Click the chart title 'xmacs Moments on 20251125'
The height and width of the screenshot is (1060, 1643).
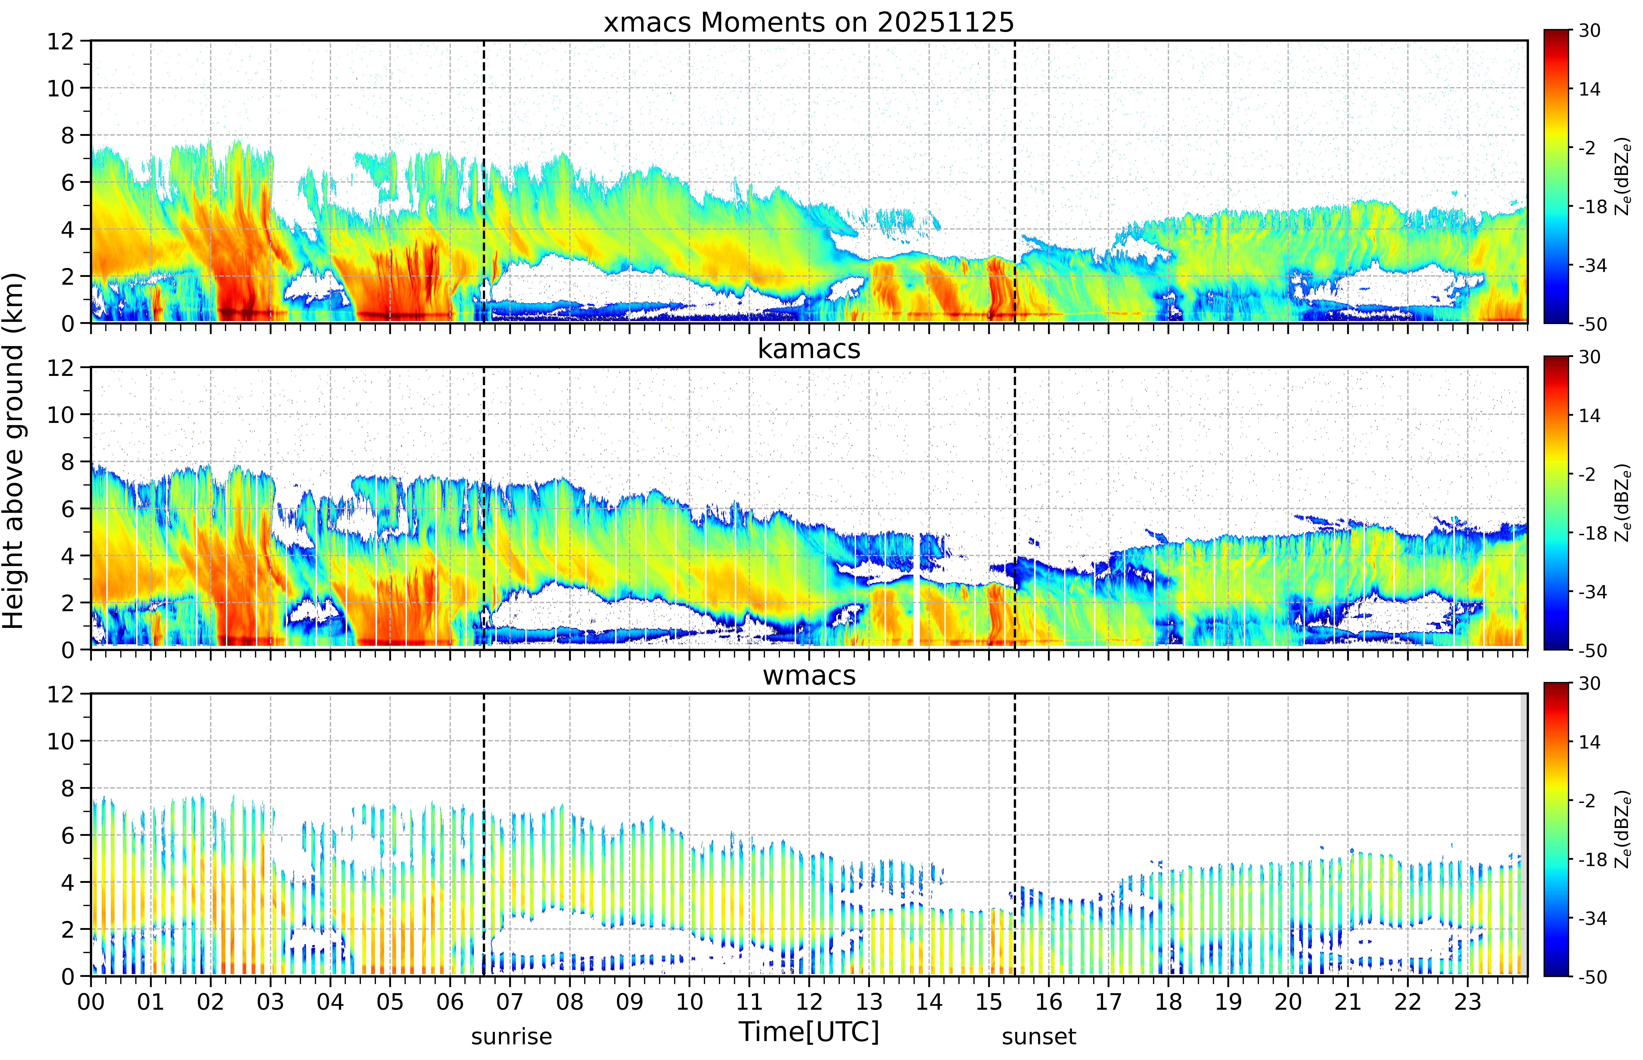pyautogui.click(x=809, y=23)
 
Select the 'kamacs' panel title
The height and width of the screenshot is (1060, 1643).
pyautogui.click(x=809, y=349)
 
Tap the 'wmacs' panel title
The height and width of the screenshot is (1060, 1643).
pyautogui.click(x=809, y=675)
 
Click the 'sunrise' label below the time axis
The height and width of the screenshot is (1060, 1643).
pyautogui.click(x=511, y=1036)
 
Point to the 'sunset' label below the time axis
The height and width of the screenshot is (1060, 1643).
pyautogui.click(x=1039, y=1036)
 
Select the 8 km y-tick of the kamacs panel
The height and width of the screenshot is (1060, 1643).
pyautogui.click(x=67, y=462)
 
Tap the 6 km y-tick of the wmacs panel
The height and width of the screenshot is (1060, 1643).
pyautogui.click(x=67, y=836)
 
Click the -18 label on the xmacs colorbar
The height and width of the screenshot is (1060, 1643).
pyautogui.click(x=1593, y=207)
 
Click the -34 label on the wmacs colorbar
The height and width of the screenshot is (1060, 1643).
pyautogui.click(x=1593, y=918)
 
